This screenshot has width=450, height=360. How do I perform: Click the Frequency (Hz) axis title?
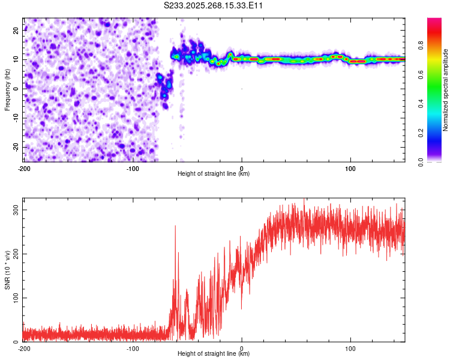[x=7, y=89]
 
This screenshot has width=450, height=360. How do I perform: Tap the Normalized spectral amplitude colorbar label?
[x=445, y=90]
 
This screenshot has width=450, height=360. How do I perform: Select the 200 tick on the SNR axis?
[x=14, y=254]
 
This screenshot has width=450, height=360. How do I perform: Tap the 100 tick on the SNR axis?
[x=14, y=298]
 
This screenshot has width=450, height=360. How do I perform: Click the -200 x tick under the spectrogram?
[x=24, y=168]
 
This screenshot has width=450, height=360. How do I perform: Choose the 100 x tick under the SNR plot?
[x=350, y=349]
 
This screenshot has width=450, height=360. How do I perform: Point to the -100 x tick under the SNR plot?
[x=133, y=349]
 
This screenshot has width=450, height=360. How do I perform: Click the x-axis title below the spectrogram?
[x=214, y=174]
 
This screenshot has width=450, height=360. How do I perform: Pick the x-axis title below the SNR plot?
[x=214, y=354]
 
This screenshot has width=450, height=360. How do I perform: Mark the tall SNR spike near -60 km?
[x=175, y=226]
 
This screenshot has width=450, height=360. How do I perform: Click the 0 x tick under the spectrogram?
[x=242, y=168]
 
